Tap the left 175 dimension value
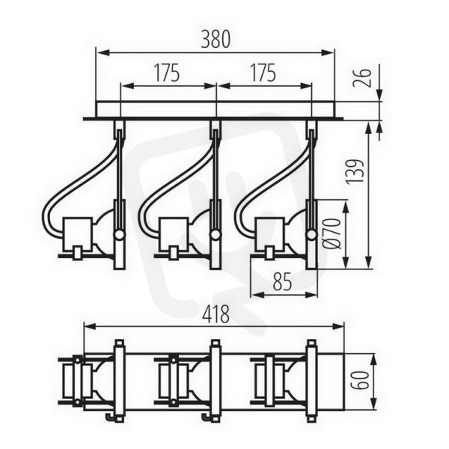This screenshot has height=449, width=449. pyautogui.click(x=167, y=73)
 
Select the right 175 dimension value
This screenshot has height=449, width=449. pyautogui.click(x=263, y=73)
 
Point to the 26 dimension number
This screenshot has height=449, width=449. pyautogui.click(x=362, y=78)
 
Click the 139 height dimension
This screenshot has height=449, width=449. pyautogui.click(x=355, y=171)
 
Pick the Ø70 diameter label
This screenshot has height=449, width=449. pyautogui.click(x=333, y=233)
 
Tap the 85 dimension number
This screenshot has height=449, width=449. pyautogui.click(x=282, y=281)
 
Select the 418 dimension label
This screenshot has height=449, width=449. pyautogui.click(x=216, y=314)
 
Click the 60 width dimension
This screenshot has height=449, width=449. pyautogui.click(x=362, y=380)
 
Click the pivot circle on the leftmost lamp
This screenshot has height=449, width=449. pyautogui.click(x=120, y=236)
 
